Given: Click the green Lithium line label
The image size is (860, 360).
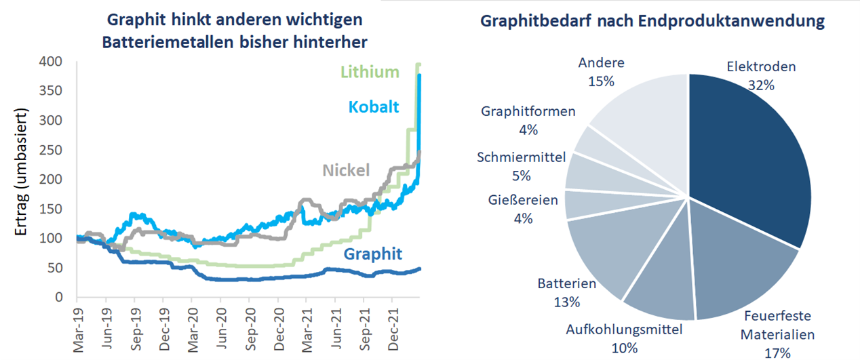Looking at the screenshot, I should coord(370,72).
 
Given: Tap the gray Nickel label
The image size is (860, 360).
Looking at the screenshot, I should coord(346,169).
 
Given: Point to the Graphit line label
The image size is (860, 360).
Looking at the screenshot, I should coord(373,254).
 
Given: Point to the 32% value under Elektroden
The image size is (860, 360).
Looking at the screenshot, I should coord(761,85).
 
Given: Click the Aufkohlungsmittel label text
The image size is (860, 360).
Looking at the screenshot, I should coord(625,330).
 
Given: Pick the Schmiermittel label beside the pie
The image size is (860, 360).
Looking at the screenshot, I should coord(522,157).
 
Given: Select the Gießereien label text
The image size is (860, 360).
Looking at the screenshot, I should coord(523,200).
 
